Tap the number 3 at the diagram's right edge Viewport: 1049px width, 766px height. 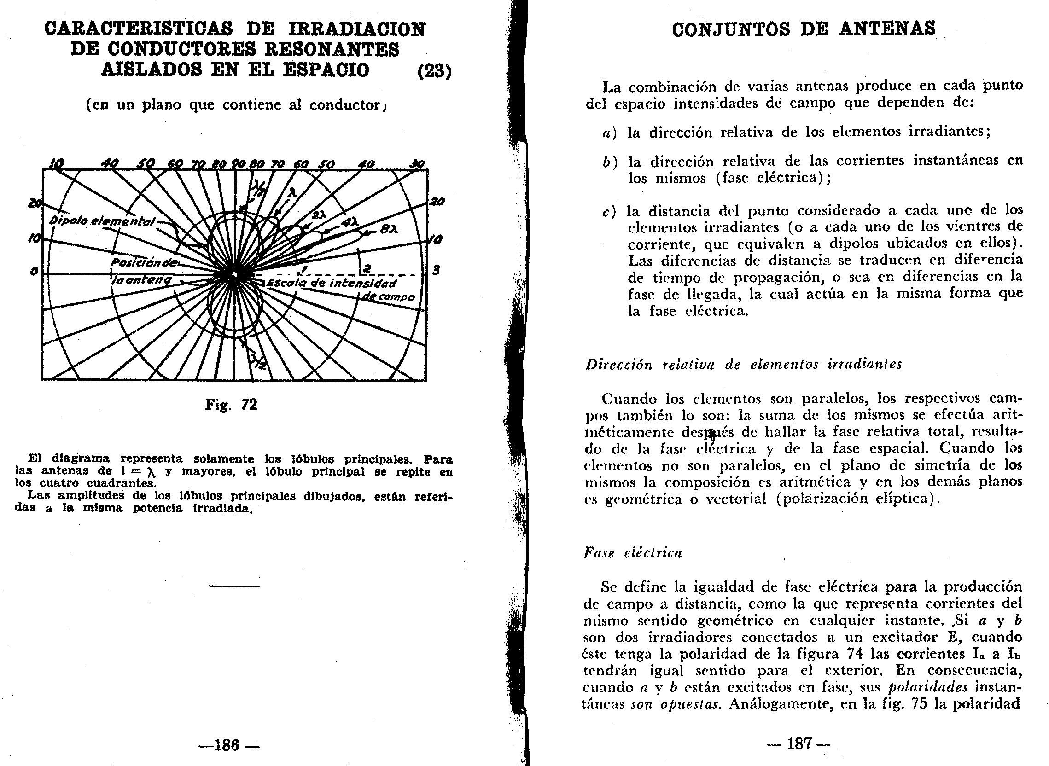coord(436,270)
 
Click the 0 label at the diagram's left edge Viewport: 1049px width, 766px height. coord(34,272)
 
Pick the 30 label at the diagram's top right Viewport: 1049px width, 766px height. coord(417,164)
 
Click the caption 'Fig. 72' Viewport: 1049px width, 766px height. coord(231,405)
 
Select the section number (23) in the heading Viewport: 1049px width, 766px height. coord(434,70)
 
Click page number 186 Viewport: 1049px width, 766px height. coord(227,745)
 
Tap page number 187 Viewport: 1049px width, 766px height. coord(799,744)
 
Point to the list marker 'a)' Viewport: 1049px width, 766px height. coord(609,133)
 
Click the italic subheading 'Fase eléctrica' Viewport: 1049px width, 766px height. coord(633,553)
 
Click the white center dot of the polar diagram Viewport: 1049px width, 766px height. coord(235,274)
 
